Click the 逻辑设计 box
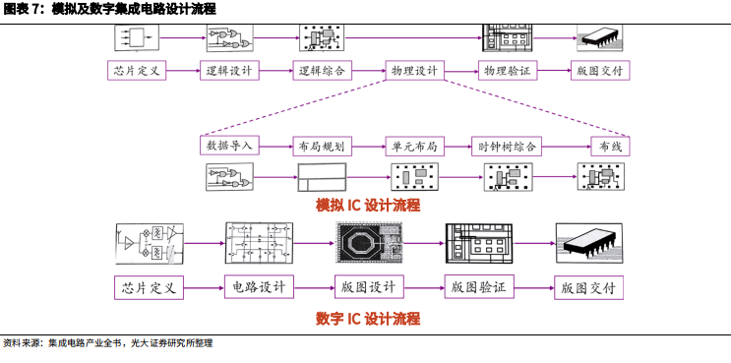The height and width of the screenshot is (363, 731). [228, 71]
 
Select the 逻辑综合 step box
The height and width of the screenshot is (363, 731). [321, 71]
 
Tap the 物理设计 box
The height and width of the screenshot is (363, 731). [414, 71]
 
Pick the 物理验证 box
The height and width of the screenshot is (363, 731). [508, 71]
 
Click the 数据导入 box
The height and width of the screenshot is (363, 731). [229, 146]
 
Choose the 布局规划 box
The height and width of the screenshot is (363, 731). [321, 146]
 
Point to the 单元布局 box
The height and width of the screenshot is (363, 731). [413, 146]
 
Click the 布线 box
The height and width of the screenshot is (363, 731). [611, 146]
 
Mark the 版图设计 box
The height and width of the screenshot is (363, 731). [367, 287]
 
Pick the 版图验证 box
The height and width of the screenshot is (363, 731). [477, 287]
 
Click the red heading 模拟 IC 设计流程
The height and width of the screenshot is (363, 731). [367, 206]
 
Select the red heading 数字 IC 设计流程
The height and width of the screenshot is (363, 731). [367, 319]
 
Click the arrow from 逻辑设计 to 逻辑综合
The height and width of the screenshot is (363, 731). [274, 71]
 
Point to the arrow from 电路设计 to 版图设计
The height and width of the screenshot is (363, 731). [312, 287]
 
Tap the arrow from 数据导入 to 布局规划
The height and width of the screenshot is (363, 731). [275, 146]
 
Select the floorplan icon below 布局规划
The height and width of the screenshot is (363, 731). [323, 177]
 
